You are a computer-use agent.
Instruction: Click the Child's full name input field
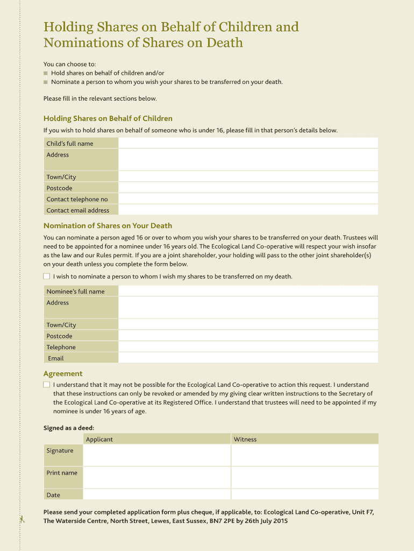248,143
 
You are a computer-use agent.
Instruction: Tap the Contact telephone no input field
248,199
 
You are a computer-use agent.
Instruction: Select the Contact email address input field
248,210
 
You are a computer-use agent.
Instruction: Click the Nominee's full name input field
248,291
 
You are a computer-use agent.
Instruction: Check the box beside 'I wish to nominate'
47,277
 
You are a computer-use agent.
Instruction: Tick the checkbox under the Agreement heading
47,385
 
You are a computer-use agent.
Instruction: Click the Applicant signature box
156,455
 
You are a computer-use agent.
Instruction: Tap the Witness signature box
304,455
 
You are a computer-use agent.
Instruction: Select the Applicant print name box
156,477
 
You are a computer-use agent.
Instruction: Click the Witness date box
304,495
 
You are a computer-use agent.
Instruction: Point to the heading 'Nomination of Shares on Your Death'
108,225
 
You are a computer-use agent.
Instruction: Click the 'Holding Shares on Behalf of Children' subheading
108,118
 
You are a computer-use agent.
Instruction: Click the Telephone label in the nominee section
61,347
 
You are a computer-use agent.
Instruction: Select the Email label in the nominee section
55,358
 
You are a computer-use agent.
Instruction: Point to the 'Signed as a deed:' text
69,428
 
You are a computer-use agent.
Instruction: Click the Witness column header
245,439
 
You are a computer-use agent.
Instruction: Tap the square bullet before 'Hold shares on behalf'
46,73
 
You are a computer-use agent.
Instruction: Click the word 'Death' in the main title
220,43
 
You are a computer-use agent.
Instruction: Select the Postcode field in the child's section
248,188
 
